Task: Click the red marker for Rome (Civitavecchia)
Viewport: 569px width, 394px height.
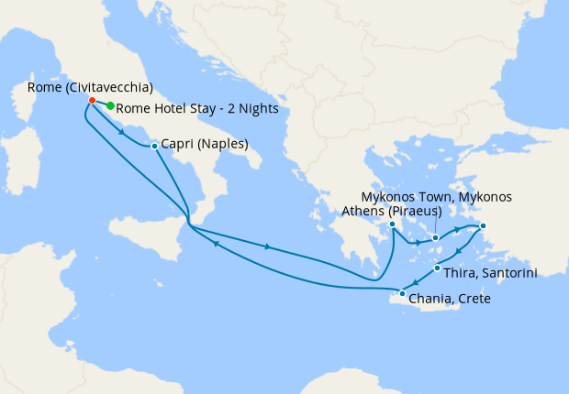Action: (x=92, y=100)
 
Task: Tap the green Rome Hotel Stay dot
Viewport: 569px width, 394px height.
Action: (x=110, y=106)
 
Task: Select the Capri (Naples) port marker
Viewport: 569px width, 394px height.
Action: (x=154, y=145)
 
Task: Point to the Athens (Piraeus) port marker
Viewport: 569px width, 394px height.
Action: (x=392, y=224)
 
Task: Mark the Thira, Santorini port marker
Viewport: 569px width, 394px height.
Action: (x=437, y=268)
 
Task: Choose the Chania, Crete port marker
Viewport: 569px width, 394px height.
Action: (x=402, y=293)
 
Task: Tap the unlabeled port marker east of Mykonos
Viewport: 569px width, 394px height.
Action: (x=484, y=226)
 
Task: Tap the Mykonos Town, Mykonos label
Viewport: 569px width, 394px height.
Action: (x=437, y=197)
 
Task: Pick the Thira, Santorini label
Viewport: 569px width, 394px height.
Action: (x=490, y=272)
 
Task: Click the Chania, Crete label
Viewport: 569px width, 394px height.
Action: (x=453, y=300)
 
